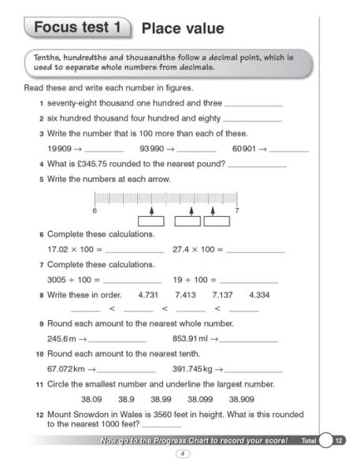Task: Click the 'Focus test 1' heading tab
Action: click(77, 28)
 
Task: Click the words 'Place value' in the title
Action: click(182, 29)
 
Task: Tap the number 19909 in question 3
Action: click(60, 148)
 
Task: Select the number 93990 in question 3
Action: click(156, 148)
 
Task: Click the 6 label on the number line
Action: click(94, 211)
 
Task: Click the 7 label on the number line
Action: click(237, 211)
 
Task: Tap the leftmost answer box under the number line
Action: click(150, 222)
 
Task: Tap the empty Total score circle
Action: click(325, 441)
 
